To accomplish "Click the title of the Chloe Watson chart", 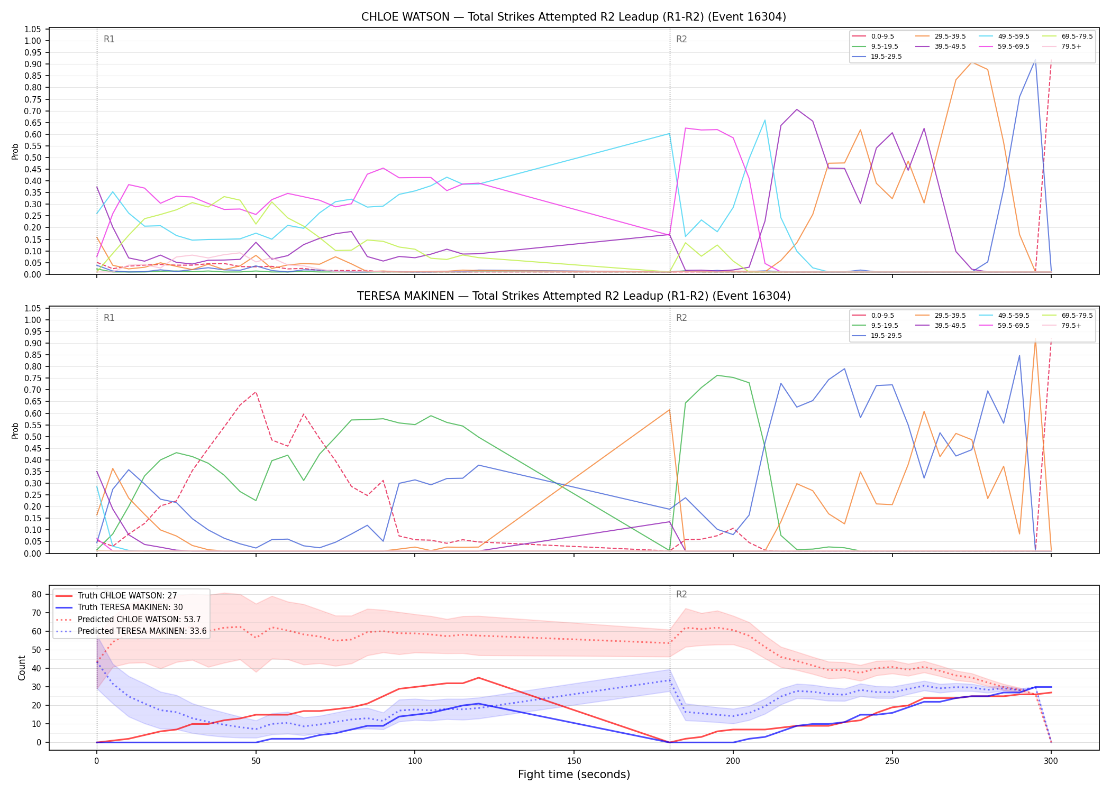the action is (573, 17).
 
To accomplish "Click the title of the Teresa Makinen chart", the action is (573, 296).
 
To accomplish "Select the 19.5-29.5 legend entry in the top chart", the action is (877, 57).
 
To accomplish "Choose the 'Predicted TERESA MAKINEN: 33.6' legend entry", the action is (131, 631).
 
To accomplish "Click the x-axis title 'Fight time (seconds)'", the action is (574, 774).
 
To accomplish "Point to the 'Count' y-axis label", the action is (22, 668).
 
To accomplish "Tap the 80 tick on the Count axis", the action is (37, 594).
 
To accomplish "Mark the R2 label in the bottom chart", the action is (681, 594).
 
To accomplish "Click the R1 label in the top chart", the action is (109, 39).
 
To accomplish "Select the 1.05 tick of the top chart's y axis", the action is (33, 29).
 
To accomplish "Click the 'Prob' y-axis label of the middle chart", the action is (15, 430).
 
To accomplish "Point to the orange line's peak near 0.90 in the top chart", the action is (972, 62).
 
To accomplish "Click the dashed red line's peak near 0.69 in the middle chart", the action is (256, 392).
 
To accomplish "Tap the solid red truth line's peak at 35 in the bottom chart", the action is (479, 678).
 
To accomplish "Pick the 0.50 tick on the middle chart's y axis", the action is (33, 437).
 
